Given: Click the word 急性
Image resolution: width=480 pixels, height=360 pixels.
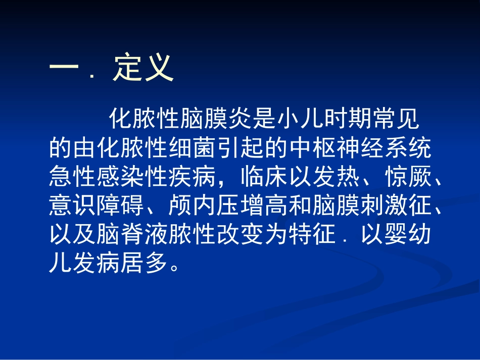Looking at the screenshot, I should (x=70, y=177).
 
